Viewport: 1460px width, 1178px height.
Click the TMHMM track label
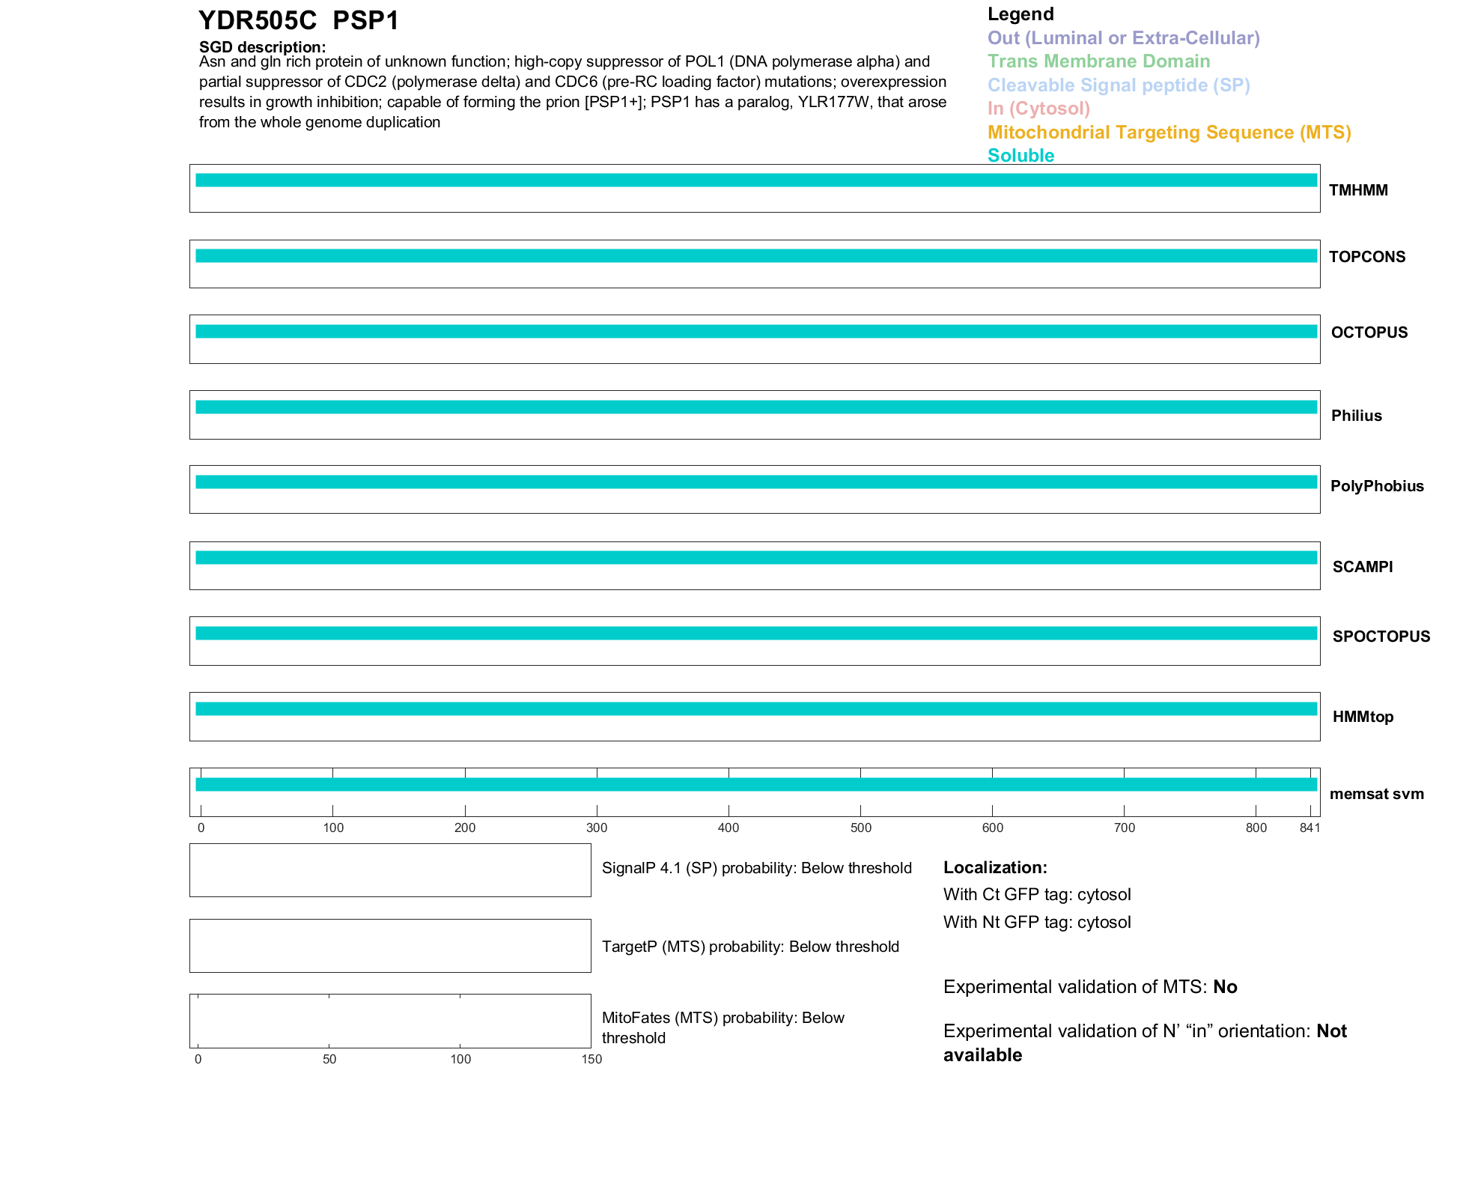[x=1357, y=190]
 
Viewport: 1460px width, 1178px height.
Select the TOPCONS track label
[x=1366, y=257]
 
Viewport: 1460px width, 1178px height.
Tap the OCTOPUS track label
[x=1369, y=333]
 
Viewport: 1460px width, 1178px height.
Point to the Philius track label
[x=1356, y=416]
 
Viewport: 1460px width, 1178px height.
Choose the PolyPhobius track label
[x=1376, y=486]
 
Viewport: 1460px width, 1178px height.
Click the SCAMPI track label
[x=1362, y=567]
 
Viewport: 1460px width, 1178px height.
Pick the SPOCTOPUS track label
[x=1381, y=637]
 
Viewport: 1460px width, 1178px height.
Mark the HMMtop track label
[x=1363, y=717]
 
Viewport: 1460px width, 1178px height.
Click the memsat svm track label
[x=1376, y=794]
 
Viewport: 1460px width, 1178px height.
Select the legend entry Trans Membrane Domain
[x=1098, y=61]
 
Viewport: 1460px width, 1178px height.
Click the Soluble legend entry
[x=1021, y=156]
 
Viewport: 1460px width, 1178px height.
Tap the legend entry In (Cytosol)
[x=1038, y=109]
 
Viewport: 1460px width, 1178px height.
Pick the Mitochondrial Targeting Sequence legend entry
[x=1169, y=133]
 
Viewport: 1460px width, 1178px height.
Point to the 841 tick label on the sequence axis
[x=1310, y=828]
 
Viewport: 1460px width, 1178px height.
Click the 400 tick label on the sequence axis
[x=729, y=828]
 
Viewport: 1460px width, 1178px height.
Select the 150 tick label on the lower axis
[x=591, y=1059]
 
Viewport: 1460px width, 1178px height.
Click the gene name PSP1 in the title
[x=366, y=21]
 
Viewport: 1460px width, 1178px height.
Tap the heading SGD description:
[x=262, y=47]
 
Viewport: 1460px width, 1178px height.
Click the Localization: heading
[x=995, y=867]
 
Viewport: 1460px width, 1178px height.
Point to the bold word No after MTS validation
[x=1225, y=987]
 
